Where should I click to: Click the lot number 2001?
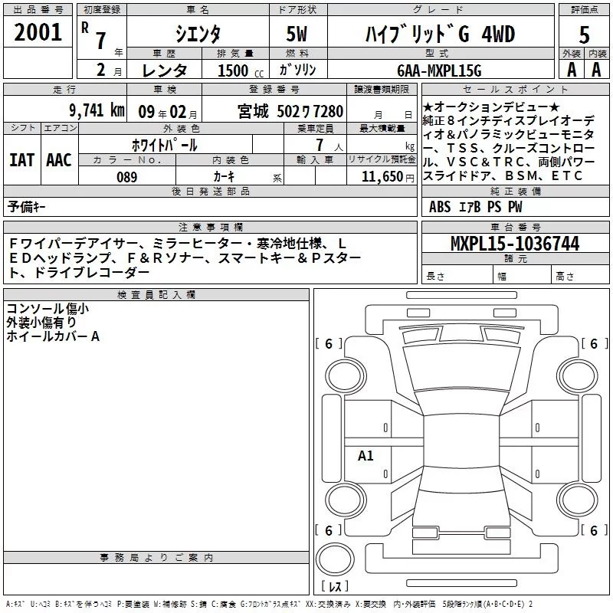pyautogui.click(x=38, y=32)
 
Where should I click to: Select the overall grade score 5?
pyautogui.click(x=584, y=34)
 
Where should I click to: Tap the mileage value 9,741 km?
pyautogui.click(x=97, y=110)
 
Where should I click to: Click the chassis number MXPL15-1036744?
pyautogui.click(x=515, y=243)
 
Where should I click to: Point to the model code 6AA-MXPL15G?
pyautogui.click(x=439, y=70)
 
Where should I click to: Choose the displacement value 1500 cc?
pyautogui.click(x=241, y=70)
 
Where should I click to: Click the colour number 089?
pyautogui.click(x=126, y=177)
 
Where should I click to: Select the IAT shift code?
pyautogui.click(x=22, y=160)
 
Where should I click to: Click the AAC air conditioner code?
pyautogui.click(x=59, y=160)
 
